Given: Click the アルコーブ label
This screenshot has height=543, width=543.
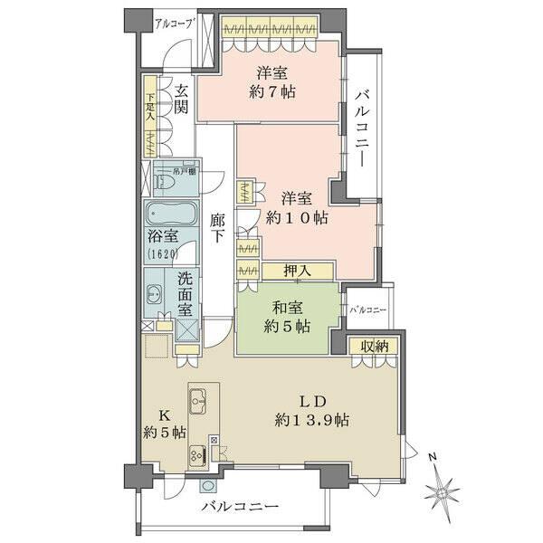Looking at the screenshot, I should [x=175, y=24].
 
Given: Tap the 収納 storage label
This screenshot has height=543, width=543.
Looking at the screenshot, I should [x=374, y=347].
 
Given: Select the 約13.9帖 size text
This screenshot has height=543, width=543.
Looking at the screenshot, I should [x=313, y=420].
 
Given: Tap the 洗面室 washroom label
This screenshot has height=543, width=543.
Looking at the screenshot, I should [x=185, y=295].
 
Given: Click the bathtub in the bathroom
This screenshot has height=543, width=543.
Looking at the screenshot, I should [x=169, y=215].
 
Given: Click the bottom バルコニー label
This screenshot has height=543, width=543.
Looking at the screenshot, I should [x=240, y=506].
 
